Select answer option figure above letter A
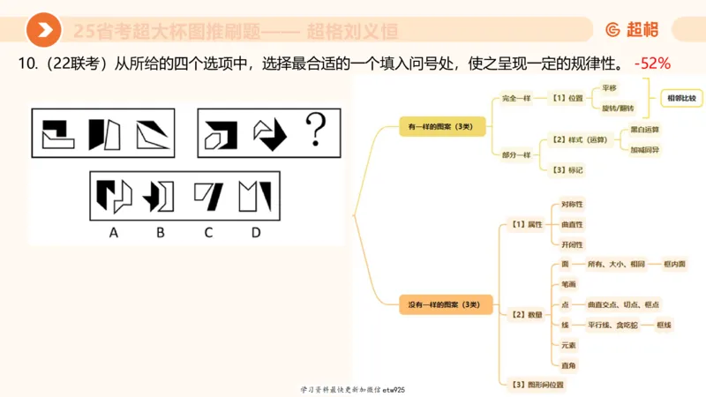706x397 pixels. coord(114,195)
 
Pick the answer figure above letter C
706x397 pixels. coord(209,195)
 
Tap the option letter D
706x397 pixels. coord(256,233)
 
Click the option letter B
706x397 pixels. coord(161,233)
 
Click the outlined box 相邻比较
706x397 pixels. coord(680,97)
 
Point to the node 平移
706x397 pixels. coord(610,87)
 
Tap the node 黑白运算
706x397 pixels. coord(645,130)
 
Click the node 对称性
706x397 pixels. coord(572,205)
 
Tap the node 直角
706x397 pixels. coord(568,363)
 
